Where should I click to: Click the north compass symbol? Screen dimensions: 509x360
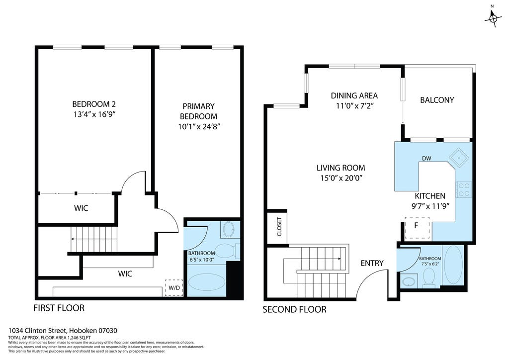[x=493, y=18]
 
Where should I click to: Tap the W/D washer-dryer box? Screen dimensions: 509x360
[x=174, y=287]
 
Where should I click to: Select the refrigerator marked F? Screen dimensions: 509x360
[x=417, y=228]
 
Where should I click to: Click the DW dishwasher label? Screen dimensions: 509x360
[x=426, y=159]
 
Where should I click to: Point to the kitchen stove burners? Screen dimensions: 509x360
[x=463, y=190]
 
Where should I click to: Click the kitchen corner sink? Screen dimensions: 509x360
[x=459, y=158]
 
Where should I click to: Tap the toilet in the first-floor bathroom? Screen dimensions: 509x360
[x=227, y=251]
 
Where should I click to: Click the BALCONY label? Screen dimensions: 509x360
[x=437, y=100]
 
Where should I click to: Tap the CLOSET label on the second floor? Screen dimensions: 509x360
[x=279, y=226]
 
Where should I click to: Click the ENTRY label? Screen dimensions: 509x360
[x=372, y=263]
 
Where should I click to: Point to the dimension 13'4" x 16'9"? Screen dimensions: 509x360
[x=94, y=114]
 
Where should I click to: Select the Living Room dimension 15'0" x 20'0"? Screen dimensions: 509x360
[x=341, y=178]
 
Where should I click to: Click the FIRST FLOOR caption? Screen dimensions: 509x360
[x=59, y=308]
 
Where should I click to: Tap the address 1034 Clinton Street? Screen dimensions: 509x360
[x=37, y=331]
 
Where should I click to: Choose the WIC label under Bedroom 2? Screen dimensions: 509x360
[x=81, y=208]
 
